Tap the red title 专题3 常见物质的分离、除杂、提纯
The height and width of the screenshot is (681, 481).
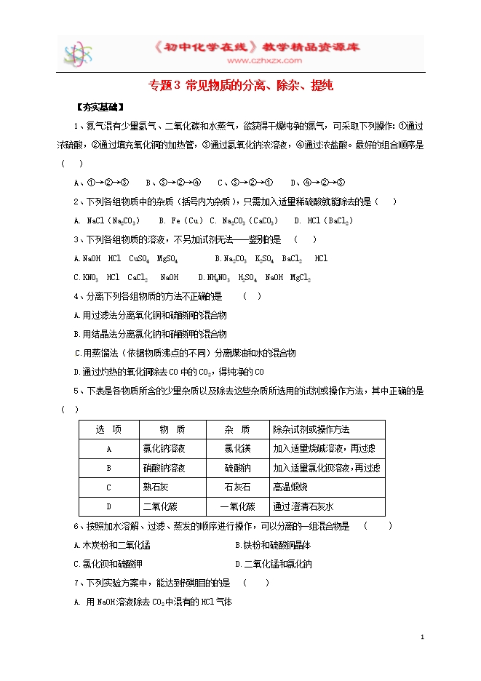click(241, 85)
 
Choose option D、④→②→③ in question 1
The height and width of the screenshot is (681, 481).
click(317, 183)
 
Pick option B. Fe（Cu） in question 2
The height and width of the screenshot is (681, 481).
click(182, 220)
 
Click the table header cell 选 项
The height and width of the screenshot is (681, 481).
click(108, 429)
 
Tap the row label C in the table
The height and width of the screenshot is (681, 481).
click(108, 487)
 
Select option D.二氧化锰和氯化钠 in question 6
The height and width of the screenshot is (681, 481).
click(274, 564)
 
